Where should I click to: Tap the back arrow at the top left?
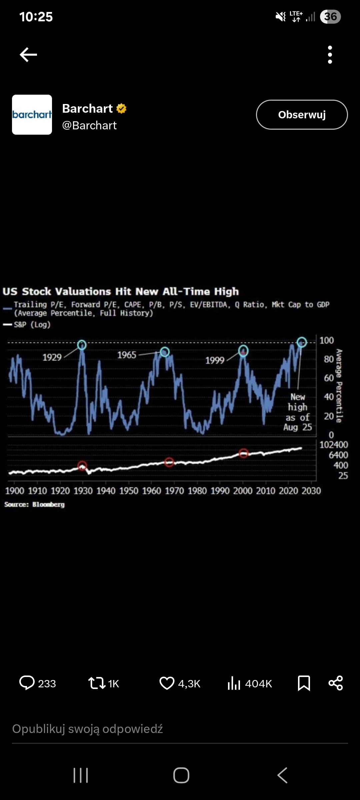click(x=28, y=55)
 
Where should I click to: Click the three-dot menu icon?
click(x=330, y=55)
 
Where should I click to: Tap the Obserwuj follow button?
click(x=302, y=115)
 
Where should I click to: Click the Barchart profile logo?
click(x=32, y=115)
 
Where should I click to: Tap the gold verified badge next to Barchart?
click(x=121, y=109)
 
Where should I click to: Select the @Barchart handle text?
click(x=89, y=126)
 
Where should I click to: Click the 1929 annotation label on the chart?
click(x=52, y=357)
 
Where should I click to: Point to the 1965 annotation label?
click(x=127, y=355)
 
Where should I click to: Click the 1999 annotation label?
click(x=215, y=360)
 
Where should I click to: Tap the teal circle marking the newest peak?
click(x=302, y=342)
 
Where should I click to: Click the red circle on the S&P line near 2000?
click(x=244, y=453)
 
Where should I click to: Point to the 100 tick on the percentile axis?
click(x=326, y=340)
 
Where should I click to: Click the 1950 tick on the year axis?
click(x=129, y=491)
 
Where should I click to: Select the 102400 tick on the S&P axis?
click(x=334, y=445)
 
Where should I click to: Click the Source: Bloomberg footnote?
click(x=34, y=504)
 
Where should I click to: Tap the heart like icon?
click(x=167, y=683)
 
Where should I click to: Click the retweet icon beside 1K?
click(x=97, y=683)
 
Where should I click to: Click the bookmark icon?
click(x=304, y=683)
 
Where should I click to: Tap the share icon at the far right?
click(x=335, y=683)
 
